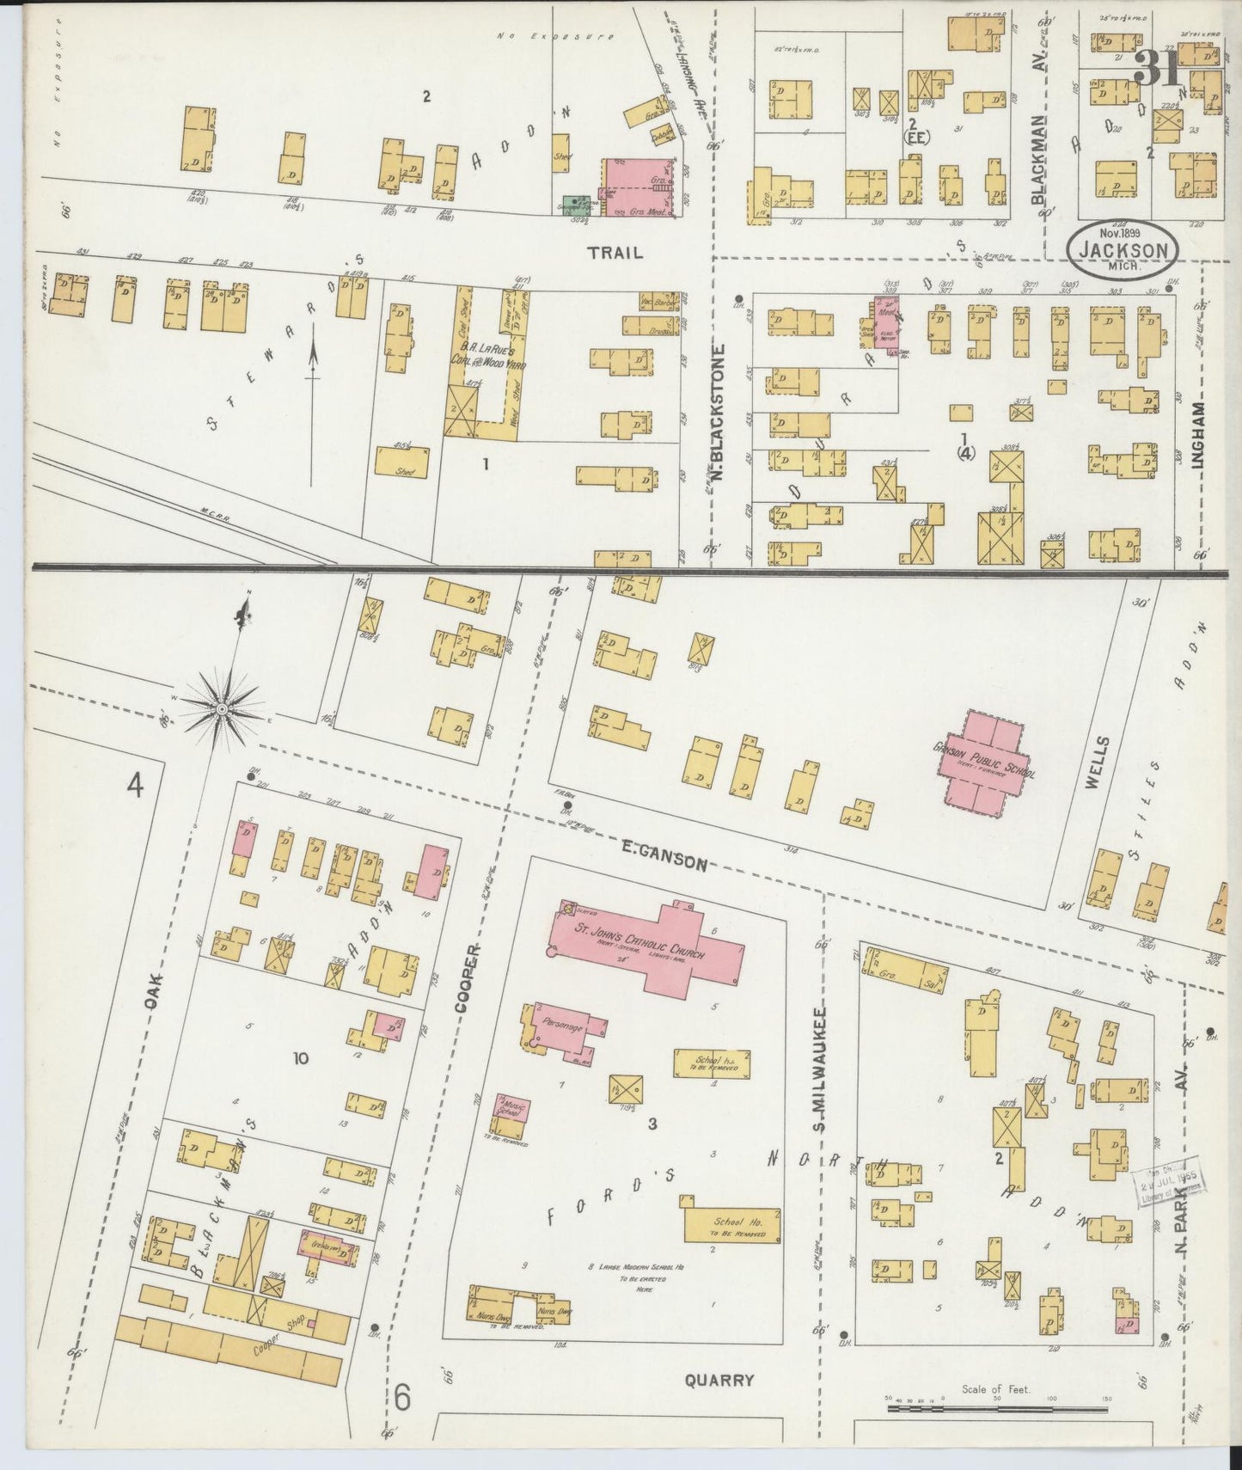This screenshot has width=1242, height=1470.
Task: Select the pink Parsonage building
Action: click(x=563, y=1027)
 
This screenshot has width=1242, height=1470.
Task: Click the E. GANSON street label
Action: click(x=664, y=857)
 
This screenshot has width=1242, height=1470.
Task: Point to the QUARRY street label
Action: click(x=719, y=1380)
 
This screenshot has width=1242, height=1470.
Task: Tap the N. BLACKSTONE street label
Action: click(x=720, y=413)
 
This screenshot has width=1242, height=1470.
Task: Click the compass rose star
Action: click(x=222, y=708)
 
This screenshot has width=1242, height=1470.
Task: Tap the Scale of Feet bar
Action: click(x=997, y=1408)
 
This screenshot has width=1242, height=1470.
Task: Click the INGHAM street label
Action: click(x=1198, y=436)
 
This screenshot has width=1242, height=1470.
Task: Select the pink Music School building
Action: click(x=512, y=1112)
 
